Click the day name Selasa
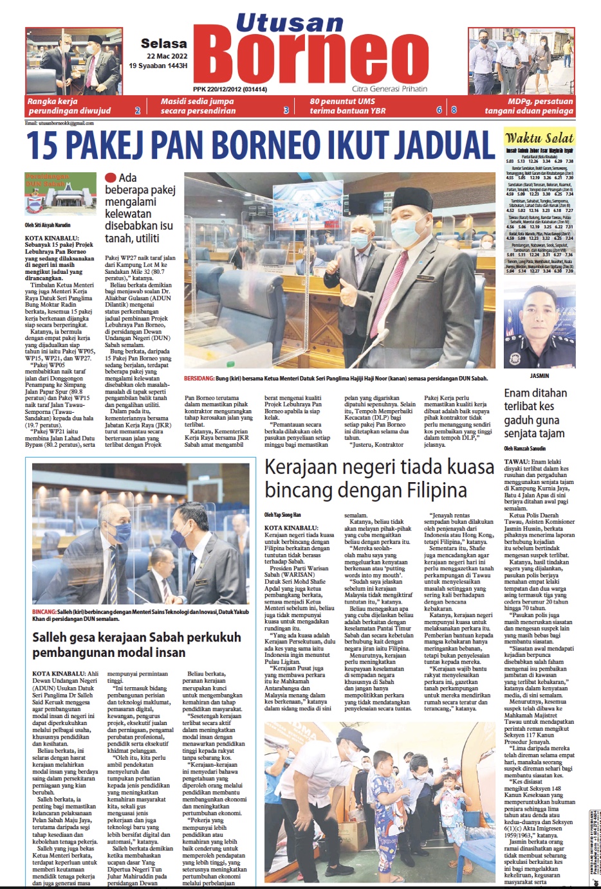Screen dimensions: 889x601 [164, 44]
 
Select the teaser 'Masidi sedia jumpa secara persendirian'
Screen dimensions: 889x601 [198, 106]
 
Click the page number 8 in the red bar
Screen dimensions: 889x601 [454, 110]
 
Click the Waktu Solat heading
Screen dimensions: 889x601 [539, 138]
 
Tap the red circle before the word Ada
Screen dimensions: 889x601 [111, 178]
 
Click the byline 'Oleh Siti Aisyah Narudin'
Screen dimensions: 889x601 [48, 225]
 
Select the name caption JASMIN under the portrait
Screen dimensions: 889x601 [539, 375]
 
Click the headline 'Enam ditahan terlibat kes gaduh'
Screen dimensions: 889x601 [535, 413]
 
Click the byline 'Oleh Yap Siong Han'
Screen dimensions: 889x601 [282, 515]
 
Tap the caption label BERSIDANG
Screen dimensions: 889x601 [199, 379]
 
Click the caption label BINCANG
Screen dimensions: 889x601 [44, 612]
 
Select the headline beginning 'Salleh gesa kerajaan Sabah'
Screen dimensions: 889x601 [136, 645]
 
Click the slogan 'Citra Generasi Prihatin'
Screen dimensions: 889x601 [389, 89]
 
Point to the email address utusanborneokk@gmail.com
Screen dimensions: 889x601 [59, 123]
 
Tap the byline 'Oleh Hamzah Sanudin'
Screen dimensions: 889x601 [525, 448]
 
